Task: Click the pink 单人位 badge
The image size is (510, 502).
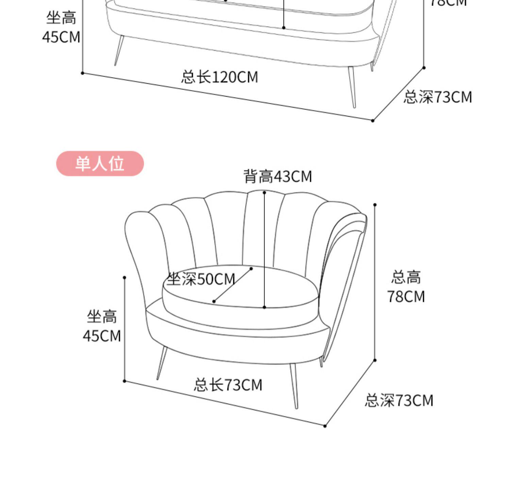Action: click(x=100, y=164)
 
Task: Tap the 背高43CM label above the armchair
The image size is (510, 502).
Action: click(x=277, y=177)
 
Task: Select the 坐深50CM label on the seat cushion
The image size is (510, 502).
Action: click(x=201, y=279)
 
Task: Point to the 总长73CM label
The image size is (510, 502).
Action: click(x=228, y=385)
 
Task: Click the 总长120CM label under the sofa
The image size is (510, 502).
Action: click(x=219, y=77)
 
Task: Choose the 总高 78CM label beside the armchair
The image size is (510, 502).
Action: click(x=406, y=287)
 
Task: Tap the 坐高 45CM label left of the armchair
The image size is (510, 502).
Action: click(x=102, y=326)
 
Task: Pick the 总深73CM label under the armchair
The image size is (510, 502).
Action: click(x=399, y=400)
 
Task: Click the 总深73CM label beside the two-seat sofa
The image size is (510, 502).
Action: click(x=438, y=97)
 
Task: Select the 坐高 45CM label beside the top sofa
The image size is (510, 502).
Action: click(x=61, y=27)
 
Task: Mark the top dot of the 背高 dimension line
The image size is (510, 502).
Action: click(x=265, y=193)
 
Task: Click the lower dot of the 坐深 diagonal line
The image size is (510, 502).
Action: click(x=214, y=301)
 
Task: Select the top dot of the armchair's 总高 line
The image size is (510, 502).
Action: click(x=375, y=205)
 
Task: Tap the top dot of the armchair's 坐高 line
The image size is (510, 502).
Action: click(x=124, y=278)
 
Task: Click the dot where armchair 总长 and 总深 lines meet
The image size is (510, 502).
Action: click(x=325, y=426)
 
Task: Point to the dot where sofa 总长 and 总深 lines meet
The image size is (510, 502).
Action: click(x=373, y=121)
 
